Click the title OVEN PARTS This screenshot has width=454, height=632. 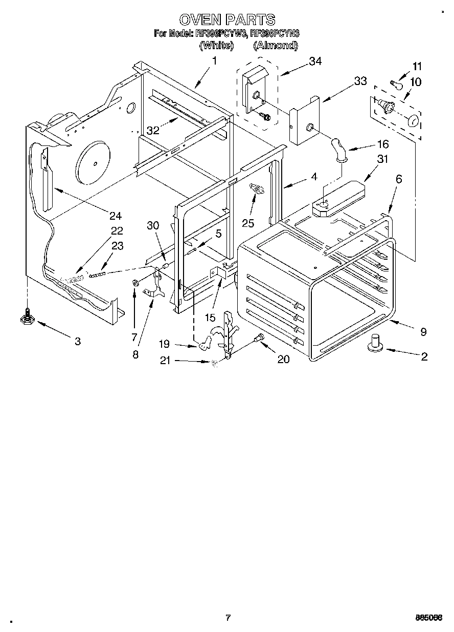point(227,19)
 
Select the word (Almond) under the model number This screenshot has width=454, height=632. point(276,46)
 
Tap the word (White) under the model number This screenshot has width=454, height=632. point(216,46)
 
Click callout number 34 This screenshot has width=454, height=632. point(315,61)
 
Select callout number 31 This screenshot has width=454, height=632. point(382,159)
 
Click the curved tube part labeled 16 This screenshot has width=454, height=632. point(337,150)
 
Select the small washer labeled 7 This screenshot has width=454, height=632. point(135,283)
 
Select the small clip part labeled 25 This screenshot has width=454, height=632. point(257,190)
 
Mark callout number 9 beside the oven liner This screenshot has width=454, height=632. point(423,331)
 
